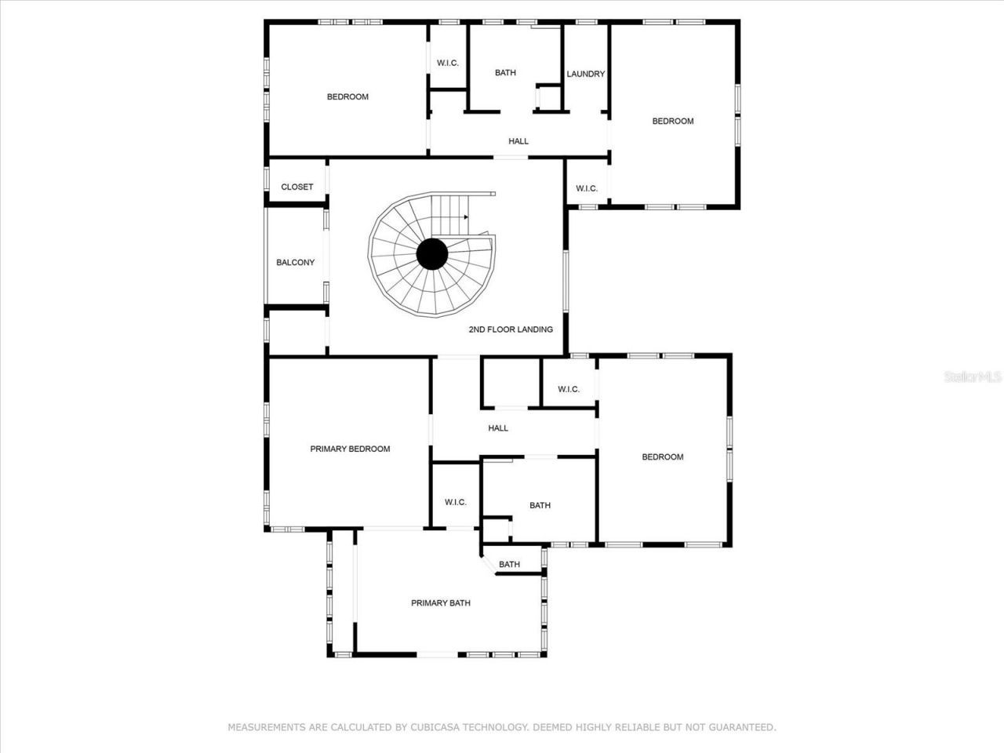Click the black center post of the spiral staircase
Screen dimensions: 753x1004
[431, 254]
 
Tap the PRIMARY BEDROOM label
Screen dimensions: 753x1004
[350, 449]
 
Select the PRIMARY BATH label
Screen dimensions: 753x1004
[441, 603]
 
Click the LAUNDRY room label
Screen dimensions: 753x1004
[586, 74]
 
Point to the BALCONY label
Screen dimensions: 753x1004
[295, 263]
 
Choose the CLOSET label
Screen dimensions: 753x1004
[296, 187]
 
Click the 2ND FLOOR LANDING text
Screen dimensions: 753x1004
[511, 329]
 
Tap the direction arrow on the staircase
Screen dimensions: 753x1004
[466, 216]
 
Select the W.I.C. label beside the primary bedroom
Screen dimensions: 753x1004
[456, 502]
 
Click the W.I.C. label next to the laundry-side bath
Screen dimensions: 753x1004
[448, 63]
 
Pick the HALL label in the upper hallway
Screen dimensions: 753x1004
[518, 141]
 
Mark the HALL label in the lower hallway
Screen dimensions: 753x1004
[498, 428]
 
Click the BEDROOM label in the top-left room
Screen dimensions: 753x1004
[347, 96]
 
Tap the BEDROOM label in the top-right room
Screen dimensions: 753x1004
[673, 121]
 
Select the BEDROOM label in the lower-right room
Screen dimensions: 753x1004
[663, 457]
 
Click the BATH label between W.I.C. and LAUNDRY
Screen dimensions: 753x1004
[505, 73]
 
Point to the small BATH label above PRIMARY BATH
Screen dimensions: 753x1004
[509, 565]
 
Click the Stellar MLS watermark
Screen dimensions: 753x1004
[973, 377]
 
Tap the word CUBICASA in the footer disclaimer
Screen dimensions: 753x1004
[440, 727]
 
